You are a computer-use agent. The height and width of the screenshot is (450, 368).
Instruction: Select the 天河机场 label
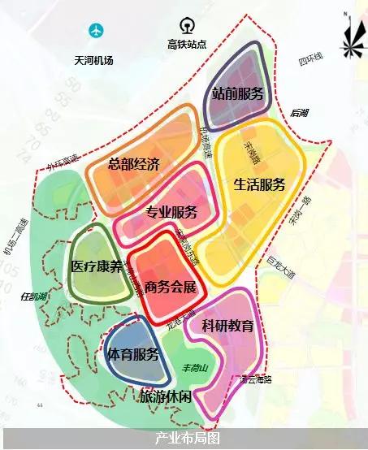point(96,60)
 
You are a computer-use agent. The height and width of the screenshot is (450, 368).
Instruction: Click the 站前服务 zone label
point(238,93)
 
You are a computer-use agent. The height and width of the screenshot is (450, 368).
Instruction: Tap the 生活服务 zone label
point(260,184)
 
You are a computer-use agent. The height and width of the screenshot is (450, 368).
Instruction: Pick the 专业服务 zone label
point(171,213)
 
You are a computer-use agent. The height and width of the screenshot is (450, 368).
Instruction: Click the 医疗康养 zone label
point(97,266)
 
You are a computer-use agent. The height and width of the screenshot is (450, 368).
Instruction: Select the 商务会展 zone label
point(171,287)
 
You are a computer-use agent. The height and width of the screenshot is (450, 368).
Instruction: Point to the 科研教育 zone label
point(228,327)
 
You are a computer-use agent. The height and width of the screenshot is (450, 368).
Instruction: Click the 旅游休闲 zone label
point(166,396)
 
